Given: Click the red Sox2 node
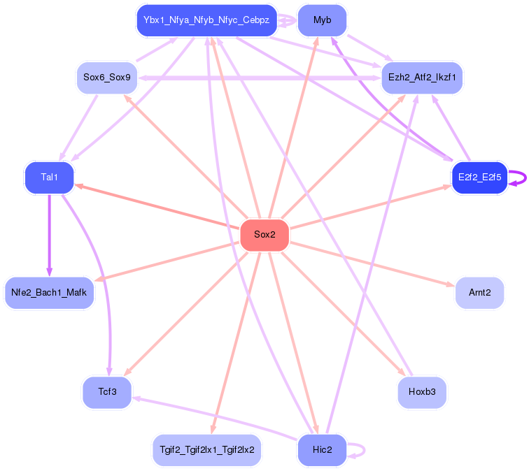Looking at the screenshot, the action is point(264,235).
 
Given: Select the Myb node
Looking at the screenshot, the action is point(322,20).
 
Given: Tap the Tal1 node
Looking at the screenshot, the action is point(49,177).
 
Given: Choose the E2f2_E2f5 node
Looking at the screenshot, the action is point(479,177).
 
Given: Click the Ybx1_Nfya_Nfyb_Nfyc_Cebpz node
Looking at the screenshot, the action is point(206,20).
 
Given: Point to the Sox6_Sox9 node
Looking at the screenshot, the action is point(107,78).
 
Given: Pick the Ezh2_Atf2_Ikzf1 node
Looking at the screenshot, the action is point(422,78).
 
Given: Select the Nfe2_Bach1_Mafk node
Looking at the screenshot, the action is point(49,293).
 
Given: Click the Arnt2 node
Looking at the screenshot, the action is point(479,293).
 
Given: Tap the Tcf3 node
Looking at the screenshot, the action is point(107,392).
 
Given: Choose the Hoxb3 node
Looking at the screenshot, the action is point(422,392).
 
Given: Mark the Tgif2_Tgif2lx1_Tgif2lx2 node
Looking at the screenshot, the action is point(207,450).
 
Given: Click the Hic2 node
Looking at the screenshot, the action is point(322,450).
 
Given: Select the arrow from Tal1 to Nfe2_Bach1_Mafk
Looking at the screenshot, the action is point(49,235).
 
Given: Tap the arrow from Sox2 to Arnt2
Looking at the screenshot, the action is point(372,264).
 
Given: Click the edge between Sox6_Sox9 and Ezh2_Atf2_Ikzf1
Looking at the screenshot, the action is point(260,78).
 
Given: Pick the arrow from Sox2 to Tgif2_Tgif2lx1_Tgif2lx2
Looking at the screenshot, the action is point(237,343).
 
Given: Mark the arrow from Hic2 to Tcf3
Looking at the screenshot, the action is point(215,418).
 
